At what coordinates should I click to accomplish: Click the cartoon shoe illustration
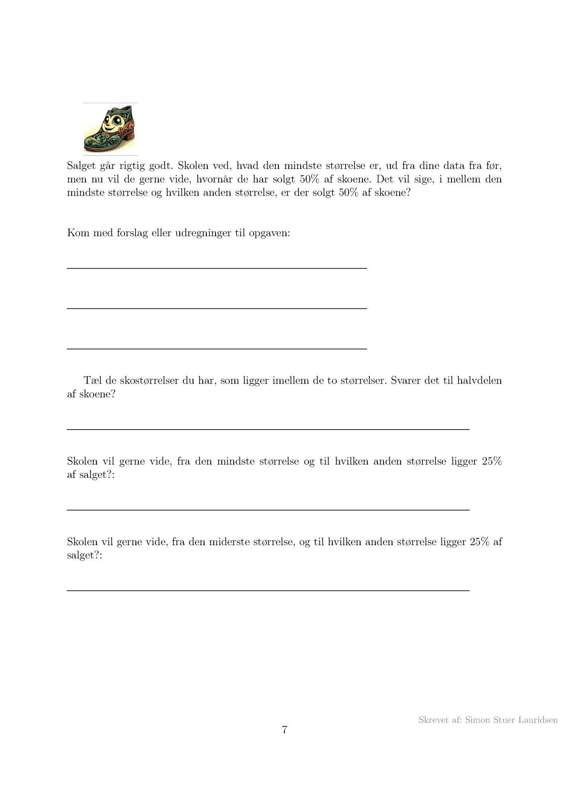click(x=110, y=129)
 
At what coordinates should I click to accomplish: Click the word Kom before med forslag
click(x=78, y=233)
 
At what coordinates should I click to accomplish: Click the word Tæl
click(x=92, y=380)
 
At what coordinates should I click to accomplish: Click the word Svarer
click(x=405, y=380)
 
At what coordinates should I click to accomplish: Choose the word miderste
click(x=229, y=542)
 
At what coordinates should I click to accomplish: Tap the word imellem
click(x=290, y=380)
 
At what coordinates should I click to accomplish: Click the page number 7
click(x=284, y=730)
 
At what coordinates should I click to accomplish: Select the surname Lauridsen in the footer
click(x=538, y=720)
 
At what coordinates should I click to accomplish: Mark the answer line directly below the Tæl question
click(x=268, y=429)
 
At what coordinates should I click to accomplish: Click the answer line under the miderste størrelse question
click(x=268, y=590)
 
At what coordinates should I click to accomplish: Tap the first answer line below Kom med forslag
click(x=217, y=268)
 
